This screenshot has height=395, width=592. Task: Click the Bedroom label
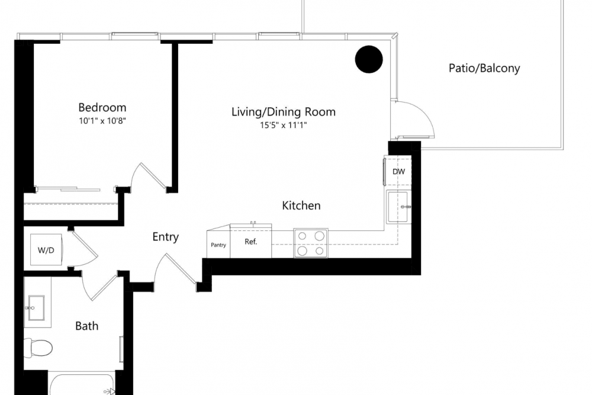point(102,108)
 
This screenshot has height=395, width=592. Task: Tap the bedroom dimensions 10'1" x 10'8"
point(102,121)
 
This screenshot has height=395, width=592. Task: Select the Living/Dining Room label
point(283,112)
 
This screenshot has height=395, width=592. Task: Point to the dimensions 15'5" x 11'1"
point(283,126)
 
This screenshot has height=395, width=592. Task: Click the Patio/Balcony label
point(484,68)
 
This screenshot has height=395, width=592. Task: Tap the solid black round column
point(369,59)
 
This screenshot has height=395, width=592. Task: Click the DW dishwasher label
point(398,172)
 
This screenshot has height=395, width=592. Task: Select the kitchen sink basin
point(397,206)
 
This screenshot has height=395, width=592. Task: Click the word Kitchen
point(301,206)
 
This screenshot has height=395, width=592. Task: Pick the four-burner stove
point(311,243)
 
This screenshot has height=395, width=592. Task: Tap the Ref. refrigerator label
point(250,242)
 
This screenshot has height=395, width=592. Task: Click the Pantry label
point(218,245)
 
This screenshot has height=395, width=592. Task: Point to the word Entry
point(165,237)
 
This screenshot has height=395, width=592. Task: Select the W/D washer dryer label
point(46,251)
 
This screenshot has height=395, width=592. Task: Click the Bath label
point(86,326)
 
